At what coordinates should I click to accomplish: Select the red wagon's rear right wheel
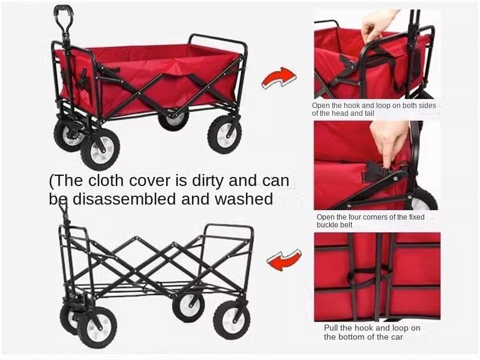coord(224,134)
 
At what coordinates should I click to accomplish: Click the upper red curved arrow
coord(279,77)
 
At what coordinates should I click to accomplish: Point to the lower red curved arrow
coord(283,260)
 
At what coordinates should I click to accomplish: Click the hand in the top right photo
coord(377,24)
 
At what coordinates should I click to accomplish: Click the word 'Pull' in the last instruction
coord(331,328)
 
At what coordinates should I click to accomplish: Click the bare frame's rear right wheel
coord(232,319)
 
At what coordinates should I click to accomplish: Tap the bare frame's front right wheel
coord(97,327)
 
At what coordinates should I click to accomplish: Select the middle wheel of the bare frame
coord(188,307)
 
